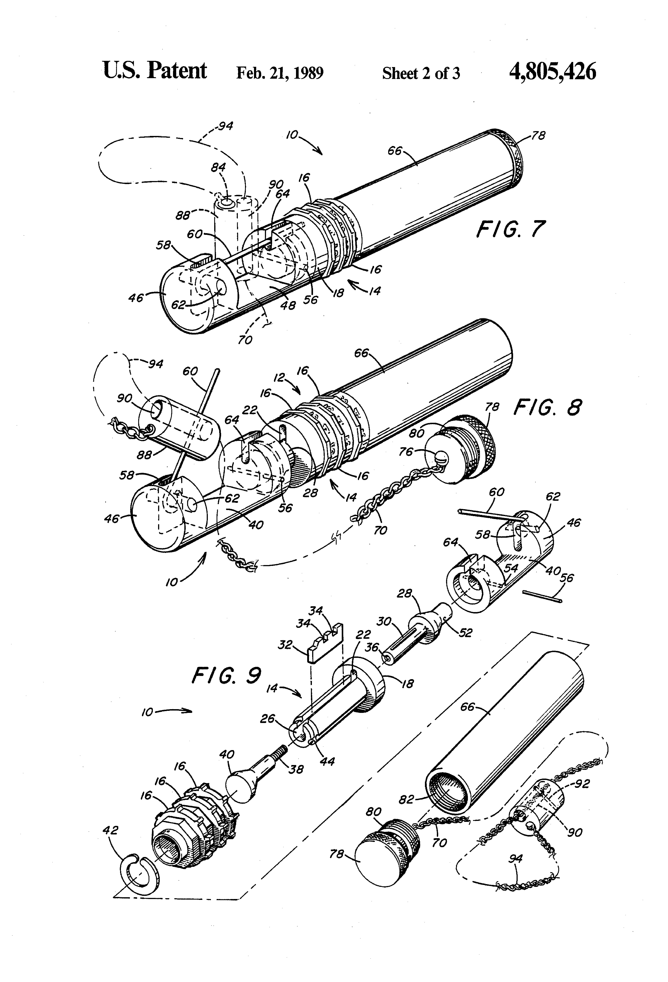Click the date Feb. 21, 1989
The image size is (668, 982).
pos(280,73)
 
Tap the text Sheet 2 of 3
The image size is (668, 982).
pos(421,74)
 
